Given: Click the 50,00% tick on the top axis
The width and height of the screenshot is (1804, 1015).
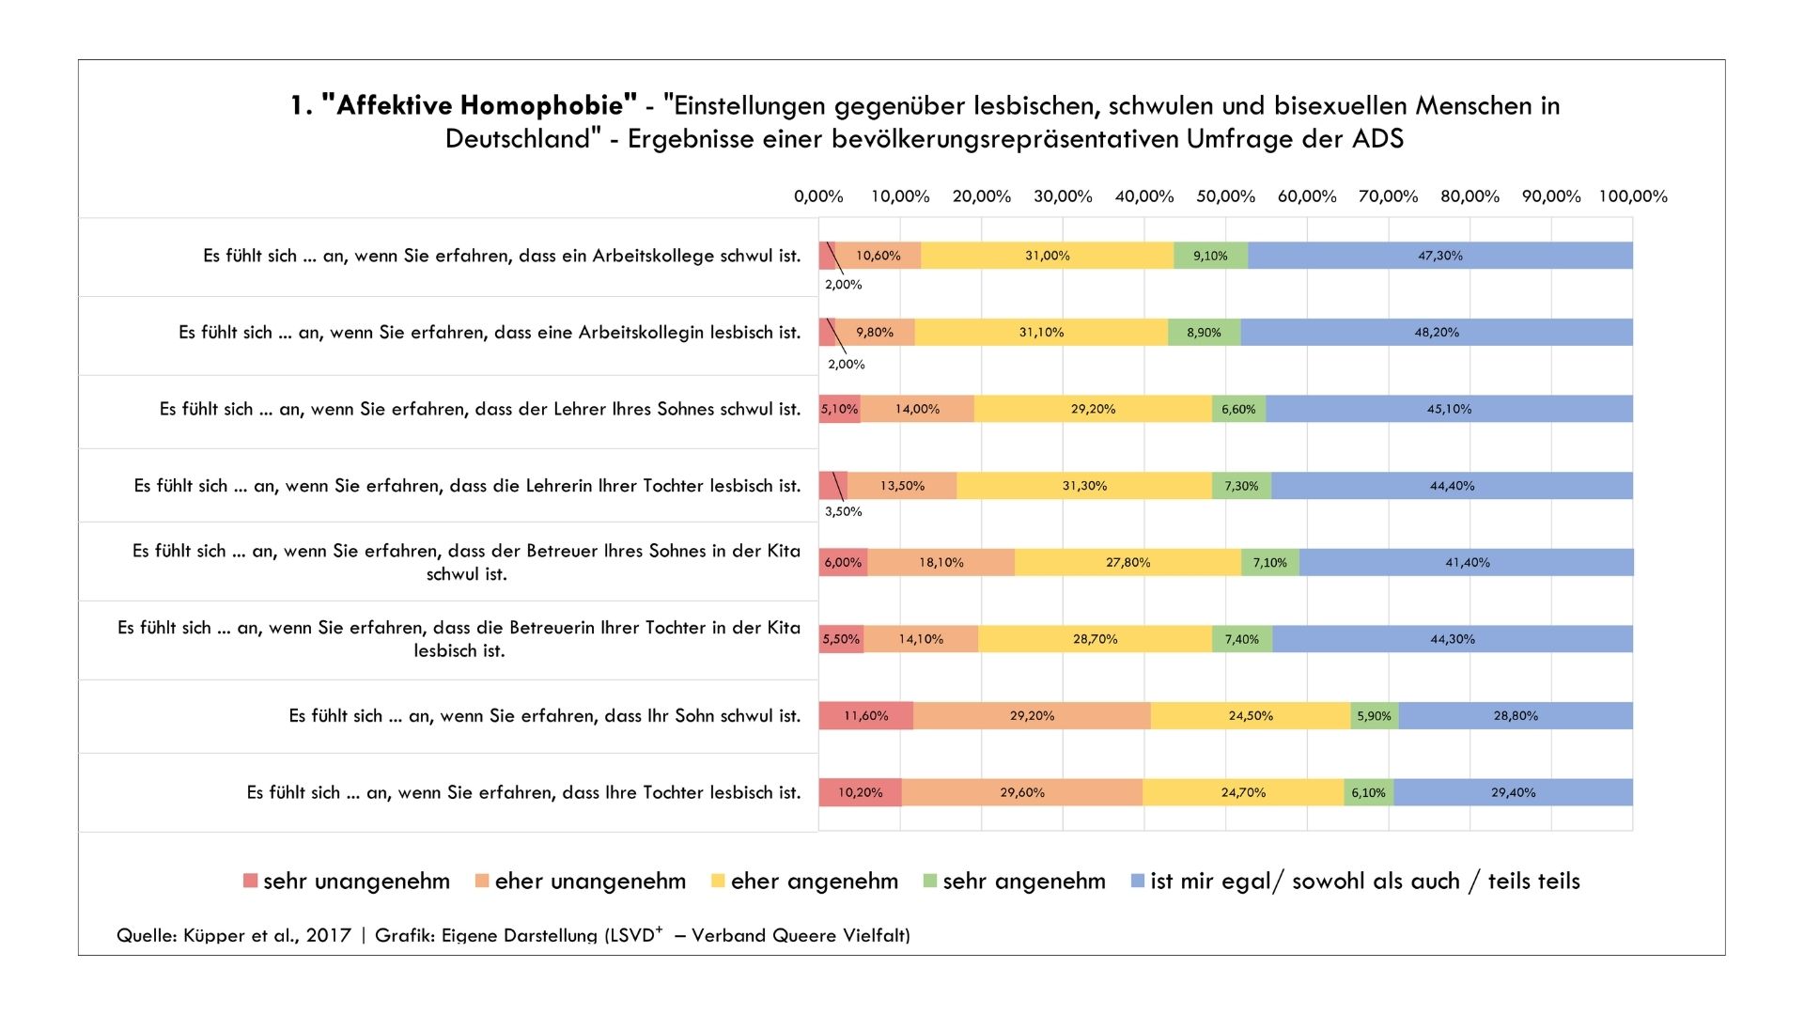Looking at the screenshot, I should (1225, 196).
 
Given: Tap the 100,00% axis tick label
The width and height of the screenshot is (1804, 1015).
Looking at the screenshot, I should (1633, 196).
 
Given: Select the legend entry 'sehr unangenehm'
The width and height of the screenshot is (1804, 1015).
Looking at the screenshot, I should (347, 882).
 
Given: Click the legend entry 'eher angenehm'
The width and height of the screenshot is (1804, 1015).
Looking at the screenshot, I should (804, 882).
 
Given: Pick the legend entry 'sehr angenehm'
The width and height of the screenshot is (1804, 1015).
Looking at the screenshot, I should (1015, 882).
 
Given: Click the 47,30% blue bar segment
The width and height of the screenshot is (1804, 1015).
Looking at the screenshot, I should (1440, 256).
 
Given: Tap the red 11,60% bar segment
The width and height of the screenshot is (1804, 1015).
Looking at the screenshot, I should (865, 716).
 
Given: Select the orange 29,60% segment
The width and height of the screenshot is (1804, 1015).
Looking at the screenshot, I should (1021, 793).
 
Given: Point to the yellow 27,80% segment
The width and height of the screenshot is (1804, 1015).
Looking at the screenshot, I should (1127, 563).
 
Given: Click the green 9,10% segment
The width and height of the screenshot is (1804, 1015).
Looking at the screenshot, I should (1210, 256).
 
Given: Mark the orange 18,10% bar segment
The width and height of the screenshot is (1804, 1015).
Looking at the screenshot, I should (941, 563).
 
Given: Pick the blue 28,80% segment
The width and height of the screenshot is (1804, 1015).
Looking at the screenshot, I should (1516, 716).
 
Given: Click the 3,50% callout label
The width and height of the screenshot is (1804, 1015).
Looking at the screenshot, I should (843, 512).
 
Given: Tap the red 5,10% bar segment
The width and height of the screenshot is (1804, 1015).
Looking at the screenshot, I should (839, 410).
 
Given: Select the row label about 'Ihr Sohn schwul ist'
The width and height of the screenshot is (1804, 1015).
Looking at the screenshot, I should (544, 716).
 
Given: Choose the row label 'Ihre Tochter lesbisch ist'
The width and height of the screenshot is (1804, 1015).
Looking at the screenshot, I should (523, 793).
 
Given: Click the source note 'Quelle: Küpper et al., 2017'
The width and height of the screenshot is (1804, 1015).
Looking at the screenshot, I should (234, 935).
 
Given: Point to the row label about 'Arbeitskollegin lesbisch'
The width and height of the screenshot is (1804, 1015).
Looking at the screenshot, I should (490, 333).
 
